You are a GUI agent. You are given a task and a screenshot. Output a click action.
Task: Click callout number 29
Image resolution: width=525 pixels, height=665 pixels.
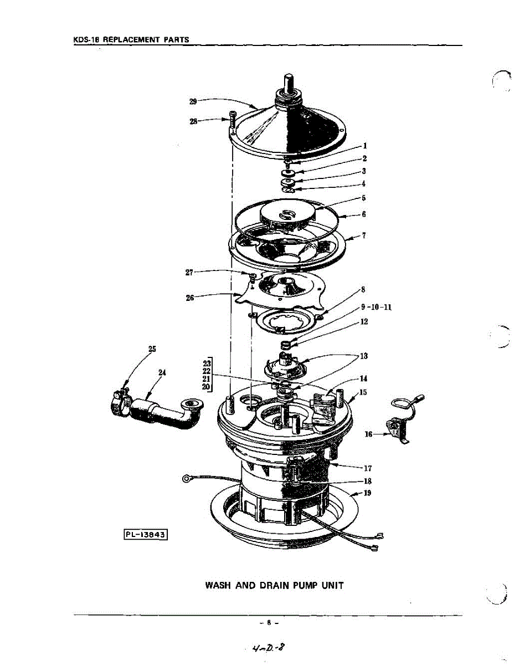coord(193,101)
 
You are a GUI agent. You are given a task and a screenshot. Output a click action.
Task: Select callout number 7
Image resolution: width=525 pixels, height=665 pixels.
coord(364,235)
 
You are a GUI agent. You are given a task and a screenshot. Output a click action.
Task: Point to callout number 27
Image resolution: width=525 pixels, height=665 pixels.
coord(189,272)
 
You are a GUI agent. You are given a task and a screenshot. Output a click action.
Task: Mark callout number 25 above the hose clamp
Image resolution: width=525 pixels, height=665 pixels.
coord(152,349)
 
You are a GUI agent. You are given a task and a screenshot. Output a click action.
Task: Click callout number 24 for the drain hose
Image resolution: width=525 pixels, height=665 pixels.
coord(162,372)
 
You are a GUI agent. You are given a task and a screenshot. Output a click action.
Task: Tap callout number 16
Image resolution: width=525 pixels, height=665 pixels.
coord(368,435)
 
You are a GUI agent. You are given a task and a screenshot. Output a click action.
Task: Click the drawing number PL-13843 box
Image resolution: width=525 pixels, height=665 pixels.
coord(145,534)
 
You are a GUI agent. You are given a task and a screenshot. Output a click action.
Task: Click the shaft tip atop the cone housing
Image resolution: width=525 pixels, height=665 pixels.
coord(288,79)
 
